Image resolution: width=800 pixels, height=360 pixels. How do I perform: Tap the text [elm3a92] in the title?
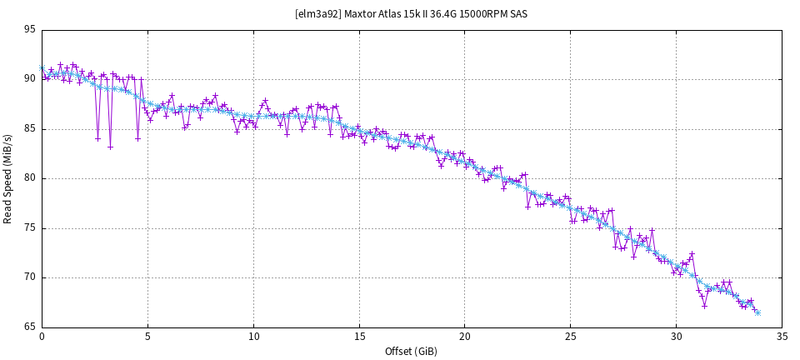317,13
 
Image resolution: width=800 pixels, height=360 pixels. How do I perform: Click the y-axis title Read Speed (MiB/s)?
8,178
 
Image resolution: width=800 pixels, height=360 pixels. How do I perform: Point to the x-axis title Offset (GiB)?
411,351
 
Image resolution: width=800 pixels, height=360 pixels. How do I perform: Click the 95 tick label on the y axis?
30,30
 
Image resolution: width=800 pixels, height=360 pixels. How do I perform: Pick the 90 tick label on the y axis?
30,79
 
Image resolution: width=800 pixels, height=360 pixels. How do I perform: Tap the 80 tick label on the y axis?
30,178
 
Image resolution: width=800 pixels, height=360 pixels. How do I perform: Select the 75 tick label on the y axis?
30,228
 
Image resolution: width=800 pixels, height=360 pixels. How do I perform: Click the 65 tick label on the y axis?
30,327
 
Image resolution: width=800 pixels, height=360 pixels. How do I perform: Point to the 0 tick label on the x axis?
42,337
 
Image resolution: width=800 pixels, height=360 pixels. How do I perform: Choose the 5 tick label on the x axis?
147,337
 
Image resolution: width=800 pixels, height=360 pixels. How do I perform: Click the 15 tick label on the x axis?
358,337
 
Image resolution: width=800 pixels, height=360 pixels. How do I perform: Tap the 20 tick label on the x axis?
464,337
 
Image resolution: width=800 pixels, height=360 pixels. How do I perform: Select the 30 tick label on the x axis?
676,337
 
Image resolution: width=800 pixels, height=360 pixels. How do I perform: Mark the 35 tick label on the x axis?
782,337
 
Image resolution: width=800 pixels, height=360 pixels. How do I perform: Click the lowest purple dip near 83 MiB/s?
110,147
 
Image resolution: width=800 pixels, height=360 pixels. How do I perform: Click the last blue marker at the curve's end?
757,312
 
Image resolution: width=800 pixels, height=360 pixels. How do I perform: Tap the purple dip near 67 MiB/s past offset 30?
704,306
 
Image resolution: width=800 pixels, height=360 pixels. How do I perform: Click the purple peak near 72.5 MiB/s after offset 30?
692,253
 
